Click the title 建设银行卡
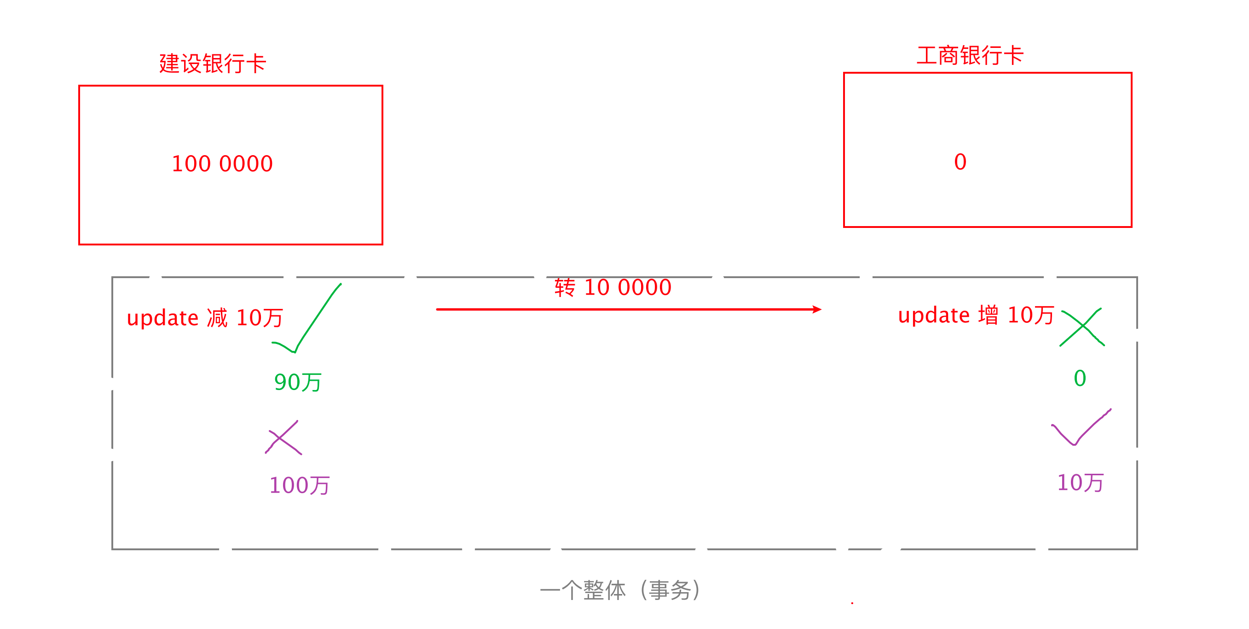(x=212, y=64)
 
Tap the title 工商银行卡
(x=970, y=55)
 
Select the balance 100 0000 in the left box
(x=222, y=164)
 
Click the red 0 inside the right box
(x=960, y=162)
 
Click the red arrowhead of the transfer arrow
(x=817, y=309)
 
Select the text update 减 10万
(x=205, y=318)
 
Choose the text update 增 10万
(x=976, y=316)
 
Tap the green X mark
(x=1082, y=327)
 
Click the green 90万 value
(x=298, y=383)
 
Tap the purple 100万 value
(x=299, y=485)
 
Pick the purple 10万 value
(x=1080, y=483)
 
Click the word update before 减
(x=162, y=319)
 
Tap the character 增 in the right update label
(x=988, y=315)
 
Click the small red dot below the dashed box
(x=852, y=603)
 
